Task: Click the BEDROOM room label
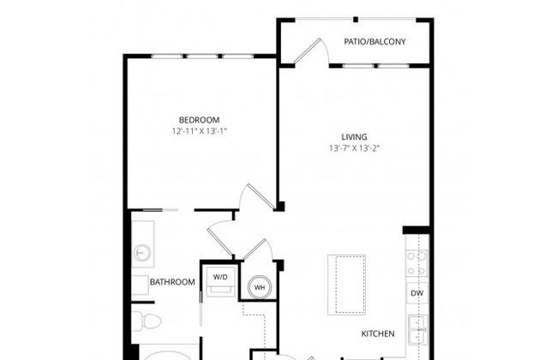[x=199, y=120]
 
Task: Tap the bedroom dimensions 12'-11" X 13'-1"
[x=200, y=131]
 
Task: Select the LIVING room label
[x=354, y=137]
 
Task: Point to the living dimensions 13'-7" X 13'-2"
[x=354, y=148]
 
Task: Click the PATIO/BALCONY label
[x=374, y=42]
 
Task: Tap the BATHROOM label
[x=172, y=282]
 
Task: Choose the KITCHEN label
[x=378, y=333]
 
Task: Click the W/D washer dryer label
[x=220, y=277]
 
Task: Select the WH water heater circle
[x=260, y=287]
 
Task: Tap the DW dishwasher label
[x=417, y=293]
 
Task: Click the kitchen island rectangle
[x=347, y=285]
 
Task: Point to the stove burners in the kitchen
[x=417, y=263]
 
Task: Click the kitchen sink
[x=418, y=330]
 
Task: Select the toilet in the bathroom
[x=147, y=321]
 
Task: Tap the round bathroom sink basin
[x=142, y=253]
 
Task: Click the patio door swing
[x=308, y=52]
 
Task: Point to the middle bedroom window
[x=202, y=57]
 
